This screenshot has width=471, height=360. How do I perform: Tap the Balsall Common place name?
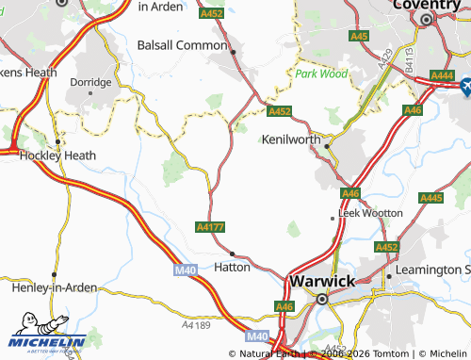[x=182, y=44]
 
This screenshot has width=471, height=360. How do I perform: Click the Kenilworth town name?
[x=290, y=139]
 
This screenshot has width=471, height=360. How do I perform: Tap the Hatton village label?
[x=233, y=267]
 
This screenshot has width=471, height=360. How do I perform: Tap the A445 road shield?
[x=430, y=198]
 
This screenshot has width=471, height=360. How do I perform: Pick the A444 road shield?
[x=441, y=74]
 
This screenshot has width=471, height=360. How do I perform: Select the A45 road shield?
[x=358, y=36]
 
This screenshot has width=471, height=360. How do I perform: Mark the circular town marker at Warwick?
[x=321, y=299]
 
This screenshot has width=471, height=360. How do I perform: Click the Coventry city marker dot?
[x=426, y=19]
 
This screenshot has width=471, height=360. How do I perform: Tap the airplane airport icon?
[x=466, y=87]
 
